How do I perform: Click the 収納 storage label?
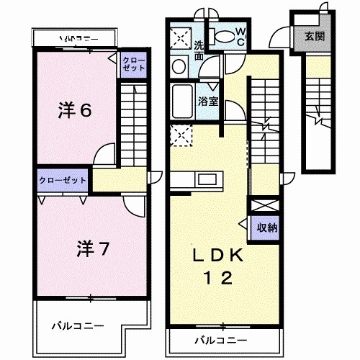[x=267, y=227]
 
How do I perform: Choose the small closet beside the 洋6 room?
[x=133, y=63]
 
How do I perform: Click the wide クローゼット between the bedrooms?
[x=63, y=180]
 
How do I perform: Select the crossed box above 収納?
[x=261, y=204]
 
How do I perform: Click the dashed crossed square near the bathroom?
[x=180, y=134]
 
